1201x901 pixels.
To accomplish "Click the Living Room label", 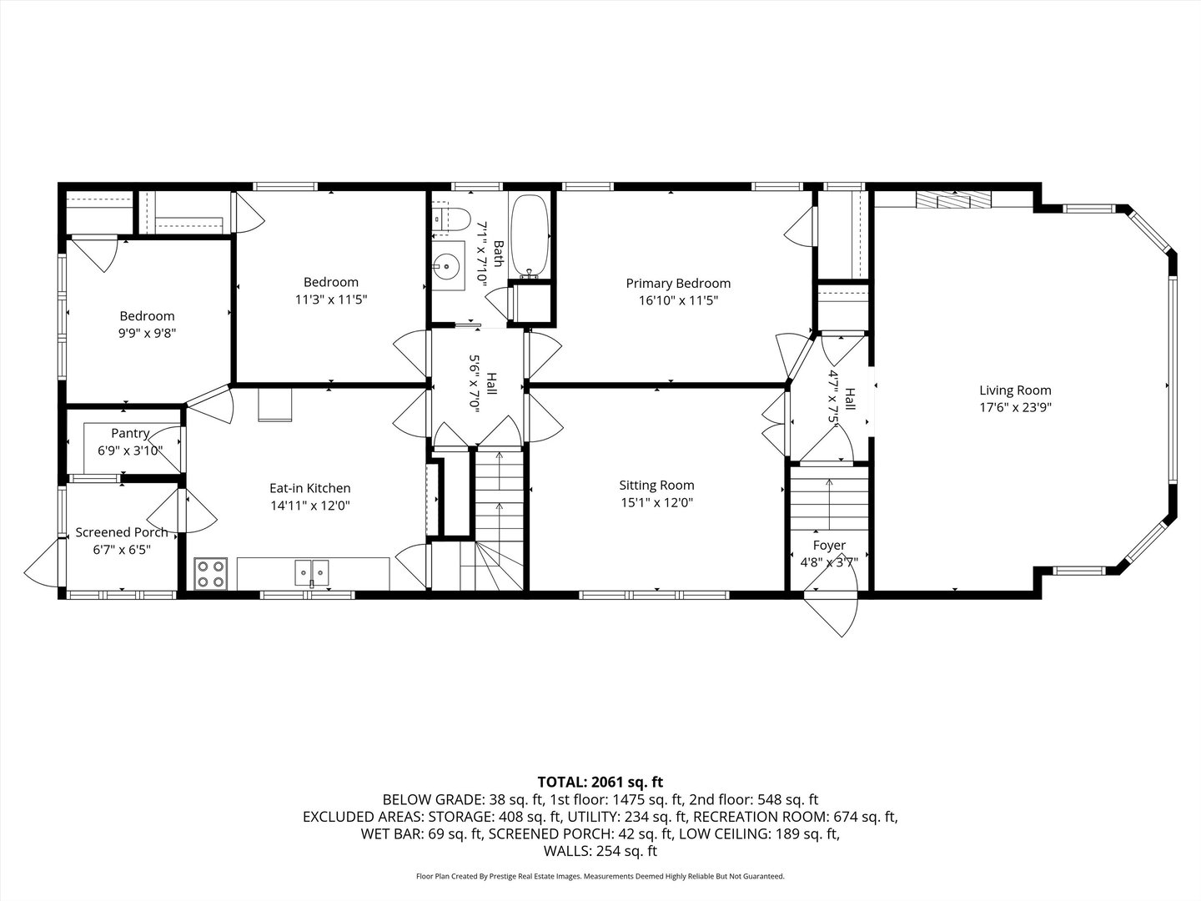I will (x=1015, y=390).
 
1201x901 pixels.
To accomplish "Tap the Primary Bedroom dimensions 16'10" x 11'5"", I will (x=678, y=300).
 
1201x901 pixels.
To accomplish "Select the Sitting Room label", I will (x=656, y=485).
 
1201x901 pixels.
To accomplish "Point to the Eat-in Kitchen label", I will (x=309, y=488).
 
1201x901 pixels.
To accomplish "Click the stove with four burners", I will (x=211, y=573).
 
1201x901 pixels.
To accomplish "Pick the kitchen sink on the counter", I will (x=312, y=572).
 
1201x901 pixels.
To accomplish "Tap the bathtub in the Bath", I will (x=530, y=235).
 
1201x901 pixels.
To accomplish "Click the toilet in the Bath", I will (x=449, y=219).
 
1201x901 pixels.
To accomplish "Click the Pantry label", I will (x=130, y=433).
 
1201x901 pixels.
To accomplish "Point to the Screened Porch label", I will (x=122, y=532).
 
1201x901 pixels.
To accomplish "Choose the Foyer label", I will (x=829, y=546).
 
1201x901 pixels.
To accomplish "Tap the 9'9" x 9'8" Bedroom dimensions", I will (x=148, y=333).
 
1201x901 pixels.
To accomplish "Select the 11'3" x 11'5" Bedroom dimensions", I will (x=331, y=299).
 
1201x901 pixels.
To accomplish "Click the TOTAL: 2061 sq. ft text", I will (x=600, y=782).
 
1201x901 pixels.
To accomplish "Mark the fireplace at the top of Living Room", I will (x=953, y=200).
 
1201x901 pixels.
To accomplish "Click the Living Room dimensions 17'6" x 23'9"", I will (x=1015, y=407).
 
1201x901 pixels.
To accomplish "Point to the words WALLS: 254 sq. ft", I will (x=600, y=851).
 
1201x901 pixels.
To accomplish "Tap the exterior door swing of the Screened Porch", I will (x=43, y=567).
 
